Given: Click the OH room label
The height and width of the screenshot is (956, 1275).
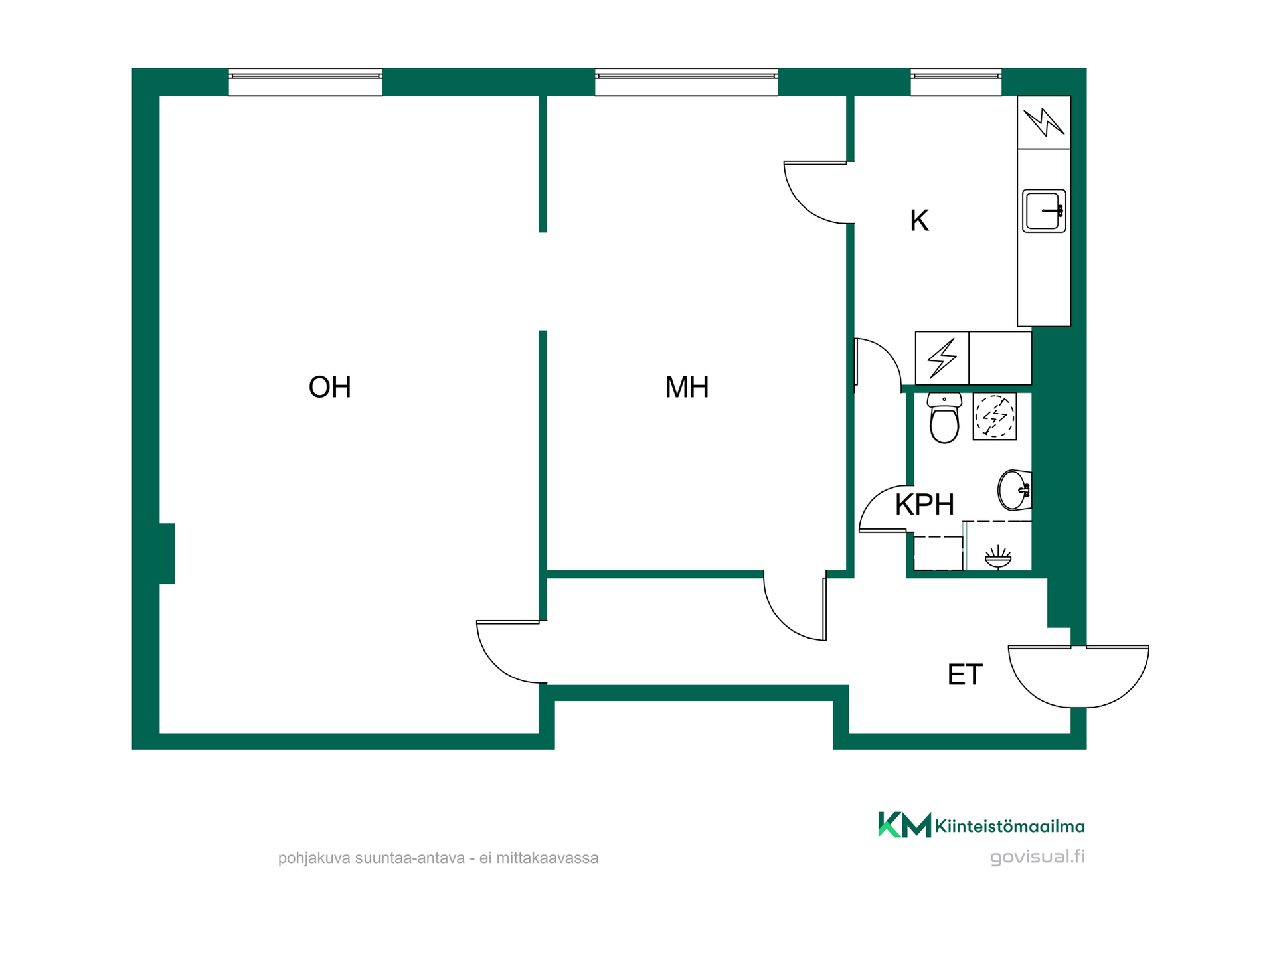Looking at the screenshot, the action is (x=329, y=387).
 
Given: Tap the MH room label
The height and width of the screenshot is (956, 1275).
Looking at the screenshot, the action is (x=687, y=387).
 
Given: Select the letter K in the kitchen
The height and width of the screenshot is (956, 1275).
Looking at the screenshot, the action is (x=919, y=220).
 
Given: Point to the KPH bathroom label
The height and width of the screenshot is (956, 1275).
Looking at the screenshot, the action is (x=924, y=505).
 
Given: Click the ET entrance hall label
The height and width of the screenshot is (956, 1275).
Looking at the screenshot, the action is (x=964, y=675).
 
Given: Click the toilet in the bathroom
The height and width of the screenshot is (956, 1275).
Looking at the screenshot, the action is (x=944, y=418).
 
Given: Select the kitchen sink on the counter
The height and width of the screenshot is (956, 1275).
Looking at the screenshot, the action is (x=1044, y=211).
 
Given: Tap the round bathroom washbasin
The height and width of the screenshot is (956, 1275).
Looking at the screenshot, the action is (x=1014, y=490).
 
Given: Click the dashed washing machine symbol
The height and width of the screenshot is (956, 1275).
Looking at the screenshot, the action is (x=994, y=416).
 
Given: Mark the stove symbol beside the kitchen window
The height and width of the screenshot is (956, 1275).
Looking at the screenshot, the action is (x=1044, y=123).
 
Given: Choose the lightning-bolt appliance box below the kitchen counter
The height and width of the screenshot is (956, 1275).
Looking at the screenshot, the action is (x=942, y=358).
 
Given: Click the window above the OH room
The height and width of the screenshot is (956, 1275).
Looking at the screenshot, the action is (x=305, y=82).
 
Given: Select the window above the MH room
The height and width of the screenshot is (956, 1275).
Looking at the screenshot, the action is (x=686, y=82).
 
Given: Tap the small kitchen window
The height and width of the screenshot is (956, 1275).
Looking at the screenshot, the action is (x=956, y=82).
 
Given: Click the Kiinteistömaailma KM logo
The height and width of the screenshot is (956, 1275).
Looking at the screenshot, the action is (x=981, y=825).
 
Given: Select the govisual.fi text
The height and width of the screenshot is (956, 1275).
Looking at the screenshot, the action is (x=1037, y=857).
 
